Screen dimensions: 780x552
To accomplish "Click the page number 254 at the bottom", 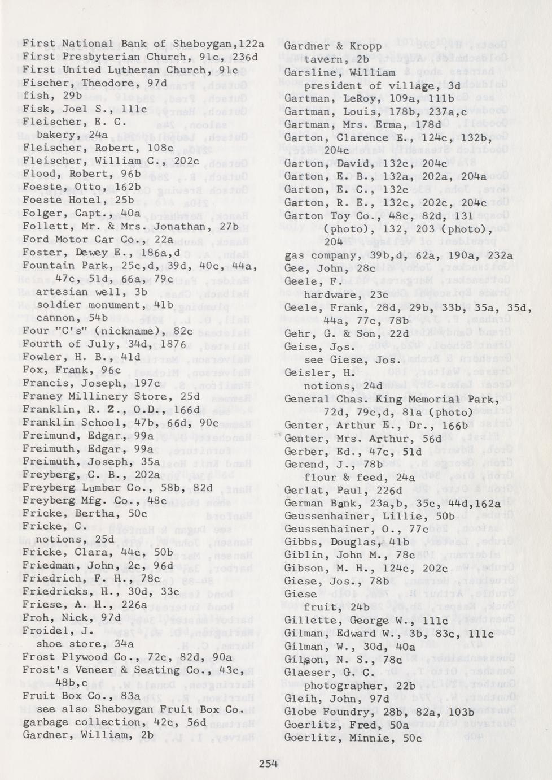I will point(268,763).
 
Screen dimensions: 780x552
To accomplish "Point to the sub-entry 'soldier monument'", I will point(89,305).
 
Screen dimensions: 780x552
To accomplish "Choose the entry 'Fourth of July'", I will point(65,344).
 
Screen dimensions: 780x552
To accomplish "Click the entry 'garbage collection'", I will point(71,722).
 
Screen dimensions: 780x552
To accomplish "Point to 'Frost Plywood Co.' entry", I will point(70,657).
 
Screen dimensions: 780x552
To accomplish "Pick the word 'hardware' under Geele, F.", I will point(331,294).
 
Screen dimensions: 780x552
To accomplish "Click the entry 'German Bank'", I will point(314,503).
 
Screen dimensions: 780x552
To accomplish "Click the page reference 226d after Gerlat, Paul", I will point(389,490).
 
